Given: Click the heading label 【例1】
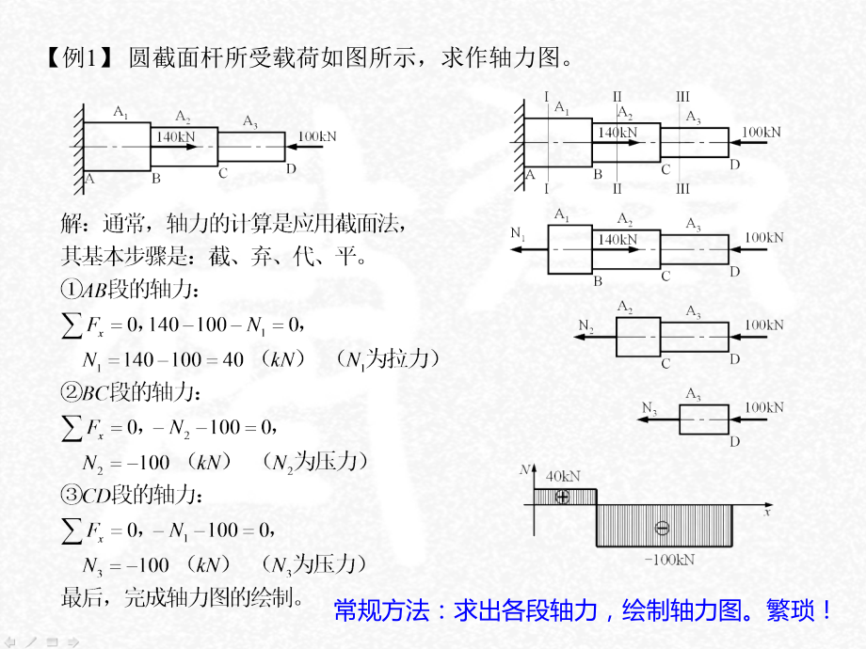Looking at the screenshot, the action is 81,57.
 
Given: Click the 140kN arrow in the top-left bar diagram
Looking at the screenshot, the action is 174,147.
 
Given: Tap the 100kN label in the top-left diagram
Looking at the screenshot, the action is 317,136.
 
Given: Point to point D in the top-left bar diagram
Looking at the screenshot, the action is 291,169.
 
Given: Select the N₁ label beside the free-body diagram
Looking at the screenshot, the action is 518,233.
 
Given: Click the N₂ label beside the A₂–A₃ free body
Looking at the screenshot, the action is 586,326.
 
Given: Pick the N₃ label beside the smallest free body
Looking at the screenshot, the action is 649,408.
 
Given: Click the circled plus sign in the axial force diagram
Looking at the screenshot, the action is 562,498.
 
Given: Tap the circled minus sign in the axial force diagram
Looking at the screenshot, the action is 662,529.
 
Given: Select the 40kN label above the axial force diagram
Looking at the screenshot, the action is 563,476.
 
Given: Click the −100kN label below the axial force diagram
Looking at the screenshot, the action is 669,560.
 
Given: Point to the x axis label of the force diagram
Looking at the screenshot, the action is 767,512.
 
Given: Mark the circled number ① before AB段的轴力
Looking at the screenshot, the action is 72,289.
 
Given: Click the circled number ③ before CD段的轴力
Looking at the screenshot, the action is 72,495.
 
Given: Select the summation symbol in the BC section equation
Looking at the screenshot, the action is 72,428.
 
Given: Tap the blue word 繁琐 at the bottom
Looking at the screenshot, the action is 791,610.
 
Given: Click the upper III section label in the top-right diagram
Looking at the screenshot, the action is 682,97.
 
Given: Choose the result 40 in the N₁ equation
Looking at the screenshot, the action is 233,360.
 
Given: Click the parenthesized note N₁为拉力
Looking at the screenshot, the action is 388,359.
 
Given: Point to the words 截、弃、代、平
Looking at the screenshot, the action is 287,257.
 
